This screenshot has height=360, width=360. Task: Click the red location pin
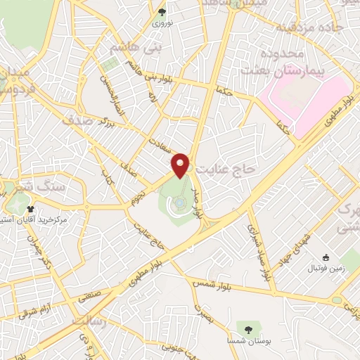(181, 165)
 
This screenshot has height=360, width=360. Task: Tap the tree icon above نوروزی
(162, 12)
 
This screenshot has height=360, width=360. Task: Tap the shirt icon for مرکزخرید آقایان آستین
(31, 209)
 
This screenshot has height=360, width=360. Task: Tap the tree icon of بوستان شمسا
(247, 328)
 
